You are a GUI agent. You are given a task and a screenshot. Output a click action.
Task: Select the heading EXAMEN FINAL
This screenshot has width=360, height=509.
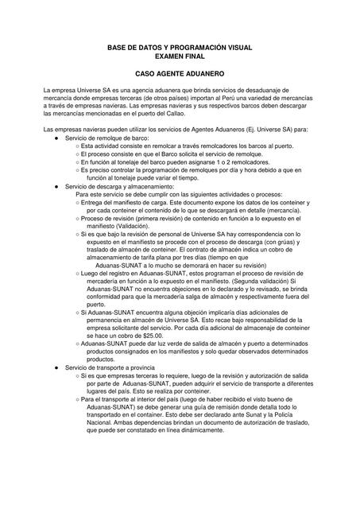179,58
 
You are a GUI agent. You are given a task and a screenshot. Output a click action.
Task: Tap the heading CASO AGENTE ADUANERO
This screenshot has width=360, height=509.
180,74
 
